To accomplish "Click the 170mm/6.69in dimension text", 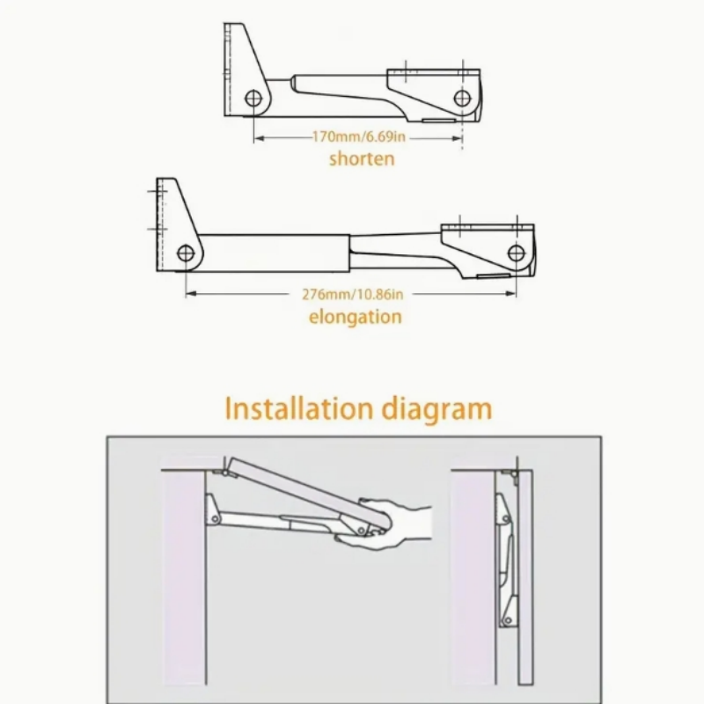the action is [359, 136].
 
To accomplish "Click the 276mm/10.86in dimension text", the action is [353, 295].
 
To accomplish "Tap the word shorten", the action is [362, 159].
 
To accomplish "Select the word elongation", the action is [356, 317].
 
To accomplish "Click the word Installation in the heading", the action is [298, 408].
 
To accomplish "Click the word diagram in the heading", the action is [436, 409].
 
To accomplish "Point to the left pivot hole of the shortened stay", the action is [253, 98].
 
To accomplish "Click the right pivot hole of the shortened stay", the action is [462, 98].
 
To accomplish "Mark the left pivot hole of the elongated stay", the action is [186, 253].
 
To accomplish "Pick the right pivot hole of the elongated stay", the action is [517, 253].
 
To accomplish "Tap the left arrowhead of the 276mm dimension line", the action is [191, 294].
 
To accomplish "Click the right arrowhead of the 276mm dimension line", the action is [511, 294].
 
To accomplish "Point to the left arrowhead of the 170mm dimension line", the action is [259, 138].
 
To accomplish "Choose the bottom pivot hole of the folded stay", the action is [508, 620].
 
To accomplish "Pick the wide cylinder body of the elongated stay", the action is [274, 253].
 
